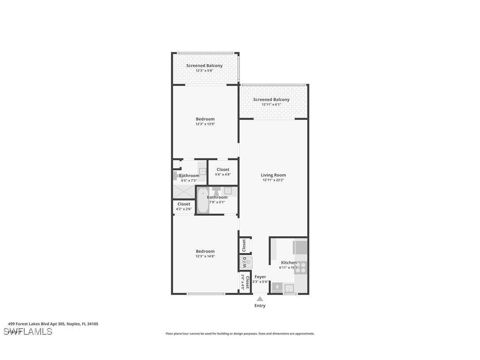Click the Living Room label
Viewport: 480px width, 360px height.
point(273,175)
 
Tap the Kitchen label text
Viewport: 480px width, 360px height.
point(289,263)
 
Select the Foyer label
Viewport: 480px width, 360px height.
point(260,277)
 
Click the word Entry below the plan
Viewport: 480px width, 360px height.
point(260,306)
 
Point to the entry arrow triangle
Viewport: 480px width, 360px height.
point(260,299)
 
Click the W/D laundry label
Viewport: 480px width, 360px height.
point(245,262)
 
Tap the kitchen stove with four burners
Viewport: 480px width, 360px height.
point(301,268)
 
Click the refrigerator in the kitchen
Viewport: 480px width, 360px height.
point(301,247)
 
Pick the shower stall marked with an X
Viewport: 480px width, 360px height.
point(183,191)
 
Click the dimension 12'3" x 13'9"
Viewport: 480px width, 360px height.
point(205,124)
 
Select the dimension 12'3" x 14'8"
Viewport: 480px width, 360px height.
point(205,257)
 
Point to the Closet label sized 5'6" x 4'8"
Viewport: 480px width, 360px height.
point(223,170)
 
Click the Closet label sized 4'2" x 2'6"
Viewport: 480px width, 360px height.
point(183,204)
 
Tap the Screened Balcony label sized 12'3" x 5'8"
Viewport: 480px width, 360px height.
point(204,66)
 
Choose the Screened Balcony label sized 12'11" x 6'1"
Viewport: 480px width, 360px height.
point(271,100)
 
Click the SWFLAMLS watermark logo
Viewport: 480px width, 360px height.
point(28,332)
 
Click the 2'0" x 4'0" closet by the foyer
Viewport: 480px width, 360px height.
point(245,282)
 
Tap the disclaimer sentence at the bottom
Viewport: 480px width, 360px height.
point(240,333)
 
